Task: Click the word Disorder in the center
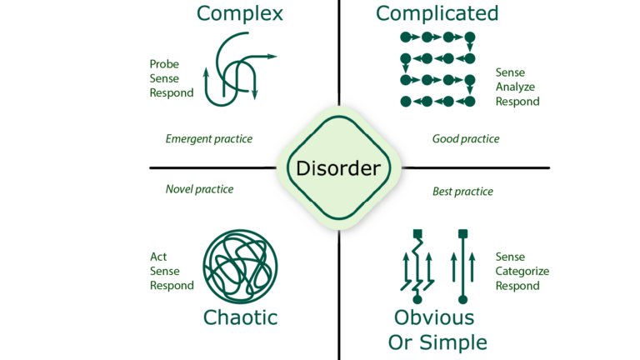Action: [x=337, y=168]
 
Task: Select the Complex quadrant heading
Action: [x=239, y=13]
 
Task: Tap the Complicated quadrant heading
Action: [x=437, y=13]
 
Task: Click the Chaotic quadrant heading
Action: [x=240, y=317]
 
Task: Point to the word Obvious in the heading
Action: [x=433, y=317]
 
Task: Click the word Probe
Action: [x=164, y=64]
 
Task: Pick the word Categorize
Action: [x=522, y=271]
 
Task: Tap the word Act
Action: [x=158, y=257]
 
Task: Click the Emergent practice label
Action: [x=209, y=138]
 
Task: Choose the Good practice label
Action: [x=466, y=138]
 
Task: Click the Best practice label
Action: [x=462, y=192]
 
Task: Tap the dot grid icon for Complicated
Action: [x=437, y=69]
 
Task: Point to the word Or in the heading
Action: [x=402, y=342]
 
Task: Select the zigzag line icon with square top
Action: [x=417, y=265]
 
